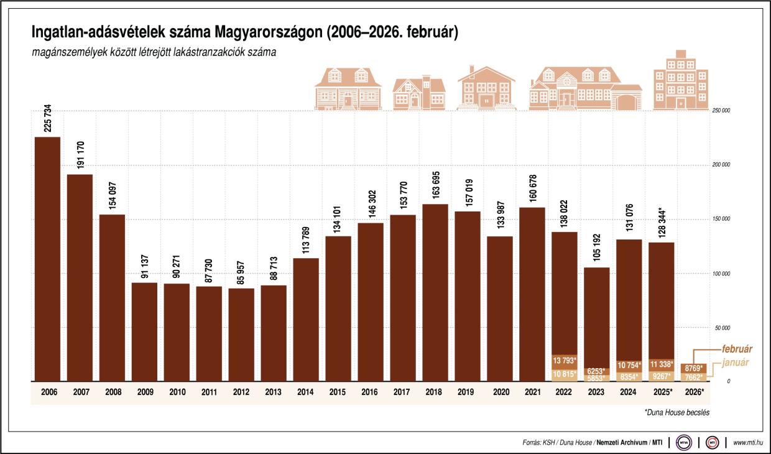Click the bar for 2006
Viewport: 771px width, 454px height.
[x=47, y=258]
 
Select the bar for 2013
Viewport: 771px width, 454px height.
[x=274, y=333]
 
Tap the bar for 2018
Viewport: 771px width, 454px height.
[x=435, y=292]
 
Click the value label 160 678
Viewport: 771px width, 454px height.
[x=532, y=185]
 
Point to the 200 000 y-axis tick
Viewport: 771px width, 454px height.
[x=721, y=165]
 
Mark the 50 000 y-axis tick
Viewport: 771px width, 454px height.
[x=721, y=327]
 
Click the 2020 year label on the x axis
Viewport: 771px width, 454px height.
[x=500, y=392]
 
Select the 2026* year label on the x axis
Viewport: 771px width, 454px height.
[x=694, y=392]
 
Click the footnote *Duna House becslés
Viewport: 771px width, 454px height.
[x=676, y=412]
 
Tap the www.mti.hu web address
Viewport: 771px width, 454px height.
[x=749, y=443]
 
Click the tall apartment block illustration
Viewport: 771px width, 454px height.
[x=680, y=81]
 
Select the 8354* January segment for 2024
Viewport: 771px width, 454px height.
[x=629, y=376]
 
